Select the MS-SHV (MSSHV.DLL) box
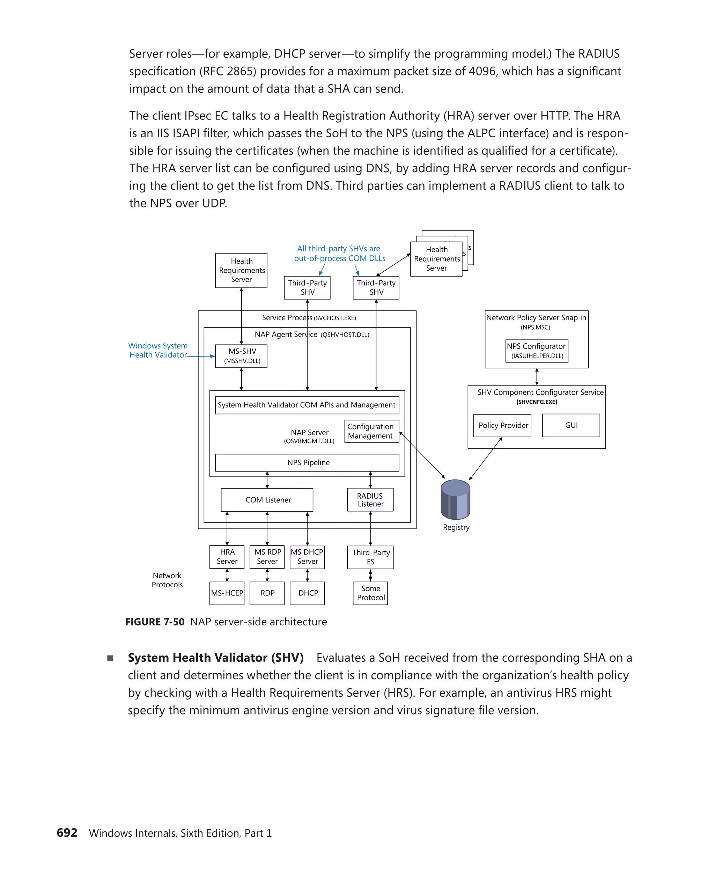[241, 356]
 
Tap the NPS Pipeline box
[307, 462]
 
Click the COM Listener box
[267, 500]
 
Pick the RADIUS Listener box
[370, 500]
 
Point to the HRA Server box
[227, 557]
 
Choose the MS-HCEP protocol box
[227, 593]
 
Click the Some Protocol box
[370, 593]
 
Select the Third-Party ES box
[370, 557]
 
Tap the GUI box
[571, 425]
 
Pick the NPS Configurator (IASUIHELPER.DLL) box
[537, 351]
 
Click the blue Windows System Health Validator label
[158, 350]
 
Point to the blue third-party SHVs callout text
[339, 254]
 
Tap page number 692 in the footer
[67, 832]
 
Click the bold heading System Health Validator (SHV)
[216, 658]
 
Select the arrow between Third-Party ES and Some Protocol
[370, 575]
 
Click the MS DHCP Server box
[307, 557]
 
